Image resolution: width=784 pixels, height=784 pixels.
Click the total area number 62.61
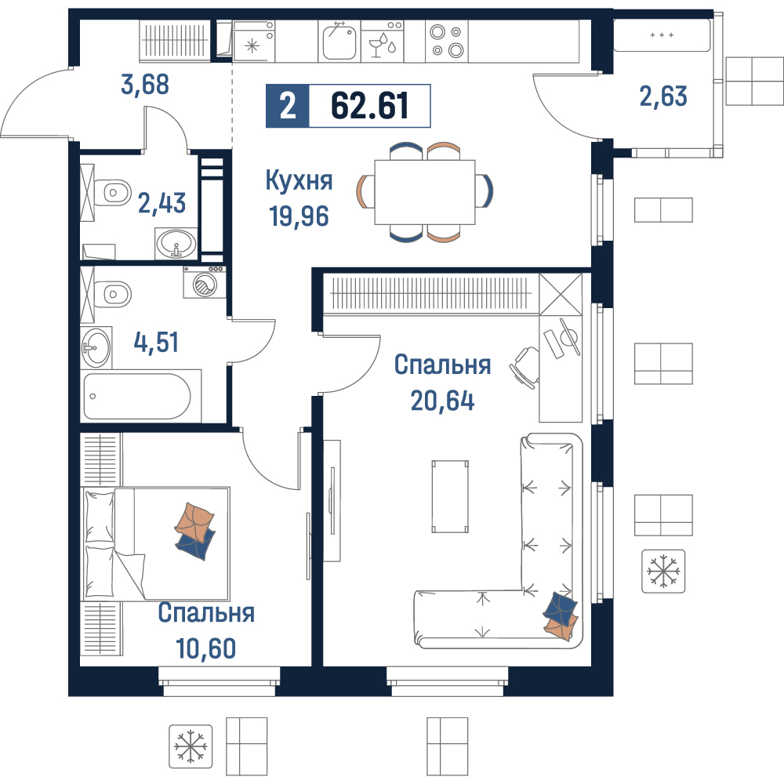(369, 106)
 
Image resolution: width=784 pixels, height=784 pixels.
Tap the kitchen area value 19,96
(299, 216)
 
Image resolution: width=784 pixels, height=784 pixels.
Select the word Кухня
(299, 180)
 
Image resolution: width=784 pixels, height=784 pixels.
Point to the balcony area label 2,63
(663, 96)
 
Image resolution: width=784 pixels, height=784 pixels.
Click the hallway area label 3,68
(145, 85)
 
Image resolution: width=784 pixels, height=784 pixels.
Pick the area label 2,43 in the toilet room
(162, 203)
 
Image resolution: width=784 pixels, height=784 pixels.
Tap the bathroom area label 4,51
(156, 343)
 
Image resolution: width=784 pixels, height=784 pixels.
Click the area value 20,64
(442, 401)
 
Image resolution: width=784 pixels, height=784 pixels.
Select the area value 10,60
(206, 648)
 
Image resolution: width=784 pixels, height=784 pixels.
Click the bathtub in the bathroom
(137, 396)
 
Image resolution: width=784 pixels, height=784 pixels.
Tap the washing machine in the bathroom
(204, 282)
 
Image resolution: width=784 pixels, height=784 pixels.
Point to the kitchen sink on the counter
(339, 42)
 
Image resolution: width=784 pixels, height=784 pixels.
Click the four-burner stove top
(447, 42)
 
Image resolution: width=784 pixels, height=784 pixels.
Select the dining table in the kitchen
(424, 192)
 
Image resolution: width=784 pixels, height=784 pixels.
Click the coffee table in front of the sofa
(450, 496)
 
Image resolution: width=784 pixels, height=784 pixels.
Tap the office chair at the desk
(524, 367)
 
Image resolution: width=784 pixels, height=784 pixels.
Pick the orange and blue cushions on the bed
(195, 531)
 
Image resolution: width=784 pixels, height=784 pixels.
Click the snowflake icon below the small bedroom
(191, 746)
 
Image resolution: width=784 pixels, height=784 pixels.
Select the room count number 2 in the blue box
(288, 106)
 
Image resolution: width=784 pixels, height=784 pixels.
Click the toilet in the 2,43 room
(113, 193)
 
